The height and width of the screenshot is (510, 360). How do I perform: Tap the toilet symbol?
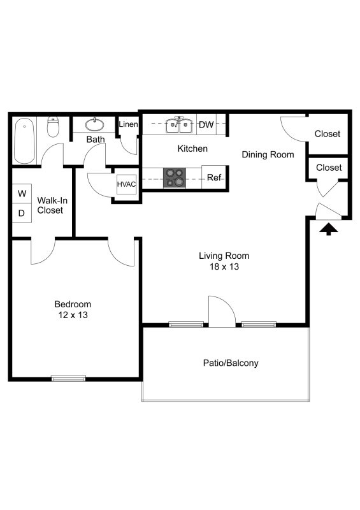point(54,127)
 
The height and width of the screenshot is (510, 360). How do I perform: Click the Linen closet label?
point(128,124)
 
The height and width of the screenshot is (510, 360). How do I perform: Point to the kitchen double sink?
point(179,126)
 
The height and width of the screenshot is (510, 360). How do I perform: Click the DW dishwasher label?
point(206,125)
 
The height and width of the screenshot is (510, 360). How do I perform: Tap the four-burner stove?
point(175,178)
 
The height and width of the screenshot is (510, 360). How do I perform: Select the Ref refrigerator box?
point(214,178)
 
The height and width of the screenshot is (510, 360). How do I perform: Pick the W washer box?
point(22,193)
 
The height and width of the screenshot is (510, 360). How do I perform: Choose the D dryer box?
point(22,213)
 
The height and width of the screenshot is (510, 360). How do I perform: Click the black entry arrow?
point(328,229)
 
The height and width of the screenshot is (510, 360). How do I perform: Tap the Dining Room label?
point(268,154)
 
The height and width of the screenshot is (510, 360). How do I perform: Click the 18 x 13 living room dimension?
point(224,267)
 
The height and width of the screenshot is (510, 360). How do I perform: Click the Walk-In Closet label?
point(50,205)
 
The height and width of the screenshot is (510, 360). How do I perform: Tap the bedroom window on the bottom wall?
point(68,379)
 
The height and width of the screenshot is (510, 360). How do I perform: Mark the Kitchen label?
point(192,149)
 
